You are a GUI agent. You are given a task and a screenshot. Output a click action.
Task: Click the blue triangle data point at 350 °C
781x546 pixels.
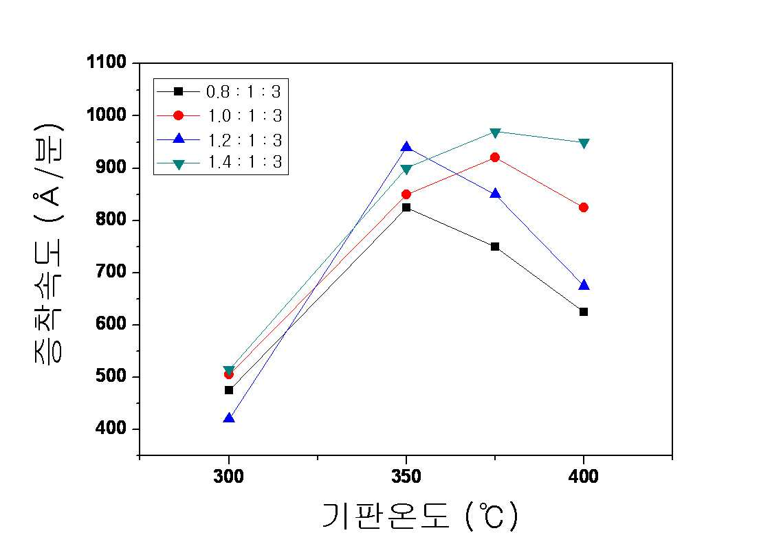pyautogui.click(x=406, y=147)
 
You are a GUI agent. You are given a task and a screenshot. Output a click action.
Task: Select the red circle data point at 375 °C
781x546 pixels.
pyautogui.click(x=494, y=157)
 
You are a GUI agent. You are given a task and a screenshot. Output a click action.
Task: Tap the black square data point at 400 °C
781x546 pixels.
pyautogui.click(x=583, y=312)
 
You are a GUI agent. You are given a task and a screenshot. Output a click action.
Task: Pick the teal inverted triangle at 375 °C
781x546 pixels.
pyautogui.click(x=494, y=133)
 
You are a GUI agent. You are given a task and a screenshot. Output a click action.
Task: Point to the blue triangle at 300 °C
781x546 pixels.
pyautogui.click(x=229, y=418)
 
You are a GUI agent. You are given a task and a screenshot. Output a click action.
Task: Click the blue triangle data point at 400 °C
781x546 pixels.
pyautogui.click(x=584, y=285)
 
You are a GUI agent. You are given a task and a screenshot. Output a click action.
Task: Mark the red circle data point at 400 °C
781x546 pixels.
pyautogui.click(x=583, y=207)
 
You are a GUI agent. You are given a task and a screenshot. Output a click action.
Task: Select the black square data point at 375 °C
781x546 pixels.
pyautogui.click(x=494, y=247)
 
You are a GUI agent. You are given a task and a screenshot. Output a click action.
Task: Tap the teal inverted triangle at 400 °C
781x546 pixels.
pyautogui.click(x=584, y=144)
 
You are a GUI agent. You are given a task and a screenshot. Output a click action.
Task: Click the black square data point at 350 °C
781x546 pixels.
pyautogui.click(x=406, y=207)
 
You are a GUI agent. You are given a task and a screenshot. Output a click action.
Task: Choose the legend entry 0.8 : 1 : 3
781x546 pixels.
pyautogui.click(x=219, y=91)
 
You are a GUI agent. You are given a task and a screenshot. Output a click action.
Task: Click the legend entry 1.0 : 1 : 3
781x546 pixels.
pyautogui.click(x=219, y=115)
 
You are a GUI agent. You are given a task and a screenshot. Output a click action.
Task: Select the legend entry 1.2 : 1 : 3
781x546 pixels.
pyautogui.click(x=219, y=140)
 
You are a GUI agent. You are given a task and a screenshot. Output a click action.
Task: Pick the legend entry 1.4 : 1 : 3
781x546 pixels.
pyautogui.click(x=219, y=162)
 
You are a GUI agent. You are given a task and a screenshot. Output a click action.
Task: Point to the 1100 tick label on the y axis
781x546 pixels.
pyautogui.click(x=107, y=62)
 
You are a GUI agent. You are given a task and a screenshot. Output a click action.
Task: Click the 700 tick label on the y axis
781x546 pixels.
pyautogui.click(x=111, y=272)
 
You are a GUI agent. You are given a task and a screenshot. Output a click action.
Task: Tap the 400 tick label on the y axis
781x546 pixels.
pyautogui.click(x=111, y=428)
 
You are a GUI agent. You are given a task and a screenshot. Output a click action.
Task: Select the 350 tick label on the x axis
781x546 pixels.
pyautogui.click(x=406, y=477)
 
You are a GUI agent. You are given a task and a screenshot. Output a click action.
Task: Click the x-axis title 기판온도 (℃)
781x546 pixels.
pyautogui.click(x=421, y=516)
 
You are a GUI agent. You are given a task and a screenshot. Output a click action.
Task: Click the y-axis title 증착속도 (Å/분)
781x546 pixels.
pyautogui.click(x=48, y=243)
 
